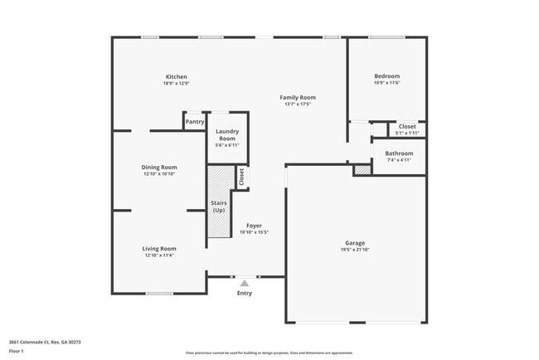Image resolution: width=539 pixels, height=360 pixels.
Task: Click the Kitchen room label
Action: click(x=176, y=77)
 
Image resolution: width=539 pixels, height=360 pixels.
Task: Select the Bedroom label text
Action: click(x=386, y=76)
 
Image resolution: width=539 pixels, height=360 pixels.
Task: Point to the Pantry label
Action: click(x=195, y=122)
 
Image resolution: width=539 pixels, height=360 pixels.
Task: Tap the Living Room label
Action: click(x=158, y=248)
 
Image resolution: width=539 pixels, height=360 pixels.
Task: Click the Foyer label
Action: click(x=254, y=226)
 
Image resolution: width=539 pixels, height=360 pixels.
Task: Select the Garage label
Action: click(x=355, y=243)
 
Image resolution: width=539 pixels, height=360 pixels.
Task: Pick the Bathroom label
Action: click(x=399, y=153)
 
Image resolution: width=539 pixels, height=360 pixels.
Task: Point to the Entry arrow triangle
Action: click(x=244, y=284)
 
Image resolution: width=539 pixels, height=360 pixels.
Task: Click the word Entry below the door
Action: click(x=245, y=294)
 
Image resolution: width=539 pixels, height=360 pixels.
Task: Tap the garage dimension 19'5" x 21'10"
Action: click(x=355, y=250)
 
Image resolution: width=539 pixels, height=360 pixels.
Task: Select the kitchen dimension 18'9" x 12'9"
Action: click(x=176, y=83)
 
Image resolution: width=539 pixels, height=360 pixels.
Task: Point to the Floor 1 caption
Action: click(x=17, y=352)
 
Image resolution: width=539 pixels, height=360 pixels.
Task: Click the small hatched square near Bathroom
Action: click(x=362, y=170)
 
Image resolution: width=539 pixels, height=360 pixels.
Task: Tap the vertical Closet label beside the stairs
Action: click(x=241, y=177)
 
